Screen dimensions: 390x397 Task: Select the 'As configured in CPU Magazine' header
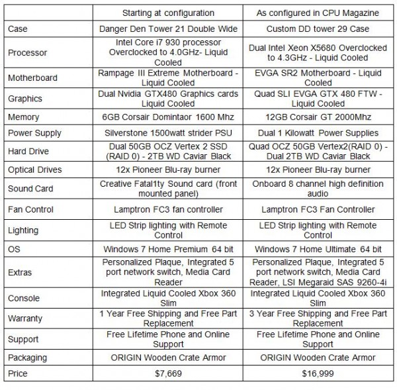[x=318, y=13]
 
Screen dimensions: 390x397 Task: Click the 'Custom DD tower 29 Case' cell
[x=318, y=28]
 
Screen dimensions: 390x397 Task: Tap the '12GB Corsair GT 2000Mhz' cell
[x=318, y=117]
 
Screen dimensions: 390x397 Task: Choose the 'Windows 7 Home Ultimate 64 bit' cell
[x=318, y=250]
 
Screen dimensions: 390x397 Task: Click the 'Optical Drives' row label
[x=35, y=170]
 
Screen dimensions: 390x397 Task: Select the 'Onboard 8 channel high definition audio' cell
[x=318, y=189]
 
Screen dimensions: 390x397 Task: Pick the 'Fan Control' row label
[x=30, y=210]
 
